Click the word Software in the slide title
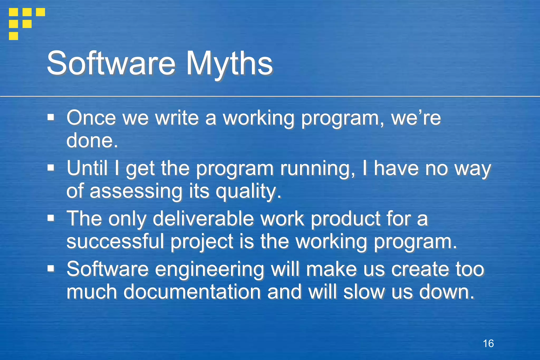click(111, 63)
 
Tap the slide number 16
click(488, 344)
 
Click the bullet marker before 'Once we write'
click(51, 117)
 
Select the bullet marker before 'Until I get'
click(51, 167)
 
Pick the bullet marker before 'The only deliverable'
click(51, 218)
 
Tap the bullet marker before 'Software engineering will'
click(51, 269)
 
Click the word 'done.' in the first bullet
click(92, 140)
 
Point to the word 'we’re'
click(416, 118)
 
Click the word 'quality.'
click(248, 191)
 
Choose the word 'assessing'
click(136, 191)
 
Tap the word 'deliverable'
click(203, 219)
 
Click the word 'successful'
click(115, 241)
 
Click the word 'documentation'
click(192, 292)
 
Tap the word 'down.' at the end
click(447, 292)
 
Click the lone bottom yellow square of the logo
click(13, 36)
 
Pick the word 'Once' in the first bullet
click(91, 118)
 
